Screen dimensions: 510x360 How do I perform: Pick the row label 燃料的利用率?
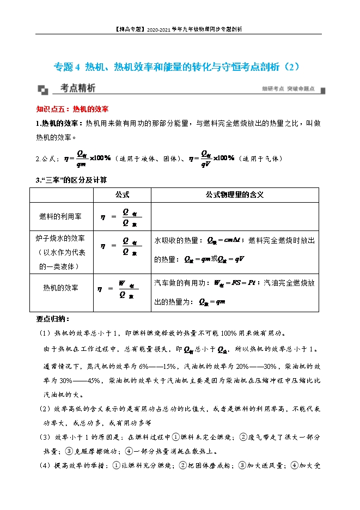60,216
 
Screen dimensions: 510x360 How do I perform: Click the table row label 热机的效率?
60,287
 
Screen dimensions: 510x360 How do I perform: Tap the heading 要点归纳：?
53,319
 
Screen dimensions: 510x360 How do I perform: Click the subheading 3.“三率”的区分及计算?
71,179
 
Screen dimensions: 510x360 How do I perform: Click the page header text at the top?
179,29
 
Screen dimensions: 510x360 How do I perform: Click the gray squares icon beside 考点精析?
44,89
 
